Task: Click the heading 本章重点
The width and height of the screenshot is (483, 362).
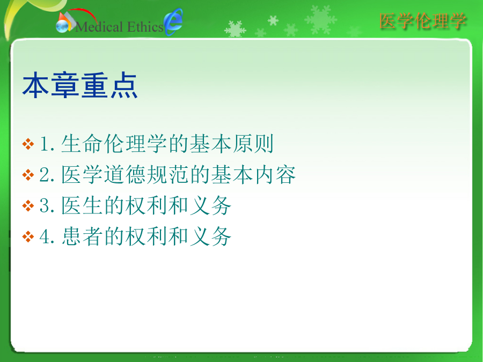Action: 80,85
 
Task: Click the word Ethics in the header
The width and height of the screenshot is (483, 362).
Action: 145,27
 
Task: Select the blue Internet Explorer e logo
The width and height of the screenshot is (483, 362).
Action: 173,21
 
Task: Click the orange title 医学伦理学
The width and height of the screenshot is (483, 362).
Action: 423,21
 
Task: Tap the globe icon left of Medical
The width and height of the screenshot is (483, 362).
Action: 63,26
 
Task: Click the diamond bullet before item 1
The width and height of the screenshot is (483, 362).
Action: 28,144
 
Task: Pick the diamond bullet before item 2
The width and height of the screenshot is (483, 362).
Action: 28,175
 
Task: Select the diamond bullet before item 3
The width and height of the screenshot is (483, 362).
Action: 28,205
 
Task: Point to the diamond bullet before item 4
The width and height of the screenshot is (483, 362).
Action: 28,237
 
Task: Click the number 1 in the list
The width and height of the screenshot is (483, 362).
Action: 45,144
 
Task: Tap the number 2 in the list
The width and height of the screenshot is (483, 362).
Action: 45,175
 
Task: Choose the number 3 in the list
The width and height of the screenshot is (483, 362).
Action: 45,205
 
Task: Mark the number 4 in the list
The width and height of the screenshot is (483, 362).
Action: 45,237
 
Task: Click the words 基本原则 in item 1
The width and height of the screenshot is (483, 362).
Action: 231,144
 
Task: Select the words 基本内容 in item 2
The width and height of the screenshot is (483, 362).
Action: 253,174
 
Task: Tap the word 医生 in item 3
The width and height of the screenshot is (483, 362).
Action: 82,205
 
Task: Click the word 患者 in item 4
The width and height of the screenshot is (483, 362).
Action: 82,236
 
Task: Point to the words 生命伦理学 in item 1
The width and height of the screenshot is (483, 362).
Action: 114,144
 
